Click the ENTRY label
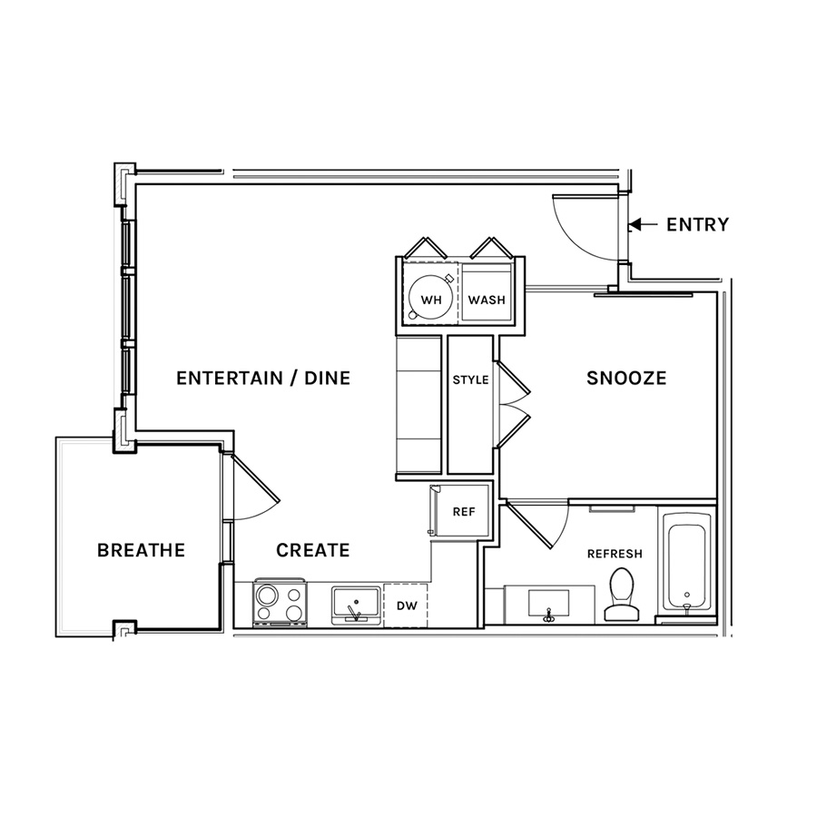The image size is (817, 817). (x=698, y=224)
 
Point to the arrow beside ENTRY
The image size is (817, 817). (x=644, y=224)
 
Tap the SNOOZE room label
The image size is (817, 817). (x=626, y=378)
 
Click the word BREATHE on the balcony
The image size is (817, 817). (x=142, y=550)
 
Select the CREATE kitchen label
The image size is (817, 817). (x=312, y=550)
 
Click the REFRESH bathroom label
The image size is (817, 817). (x=615, y=554)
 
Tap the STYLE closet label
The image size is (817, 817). (x=470, y=379)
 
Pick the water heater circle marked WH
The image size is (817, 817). (x=430, y=300)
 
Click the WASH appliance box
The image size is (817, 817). (x=487, y=292)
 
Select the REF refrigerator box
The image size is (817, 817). (x=459, y=510)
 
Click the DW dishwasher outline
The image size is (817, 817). (x=406, y=605)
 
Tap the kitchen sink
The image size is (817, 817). (x=357, y=605)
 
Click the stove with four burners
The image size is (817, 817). (x=280, y=603)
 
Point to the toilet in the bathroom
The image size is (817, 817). (x=621, y=594)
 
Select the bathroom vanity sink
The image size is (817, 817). (x=548, y=605)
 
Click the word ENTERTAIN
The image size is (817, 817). (x=230, y=378)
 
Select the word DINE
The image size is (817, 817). (x=327, y=378)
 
